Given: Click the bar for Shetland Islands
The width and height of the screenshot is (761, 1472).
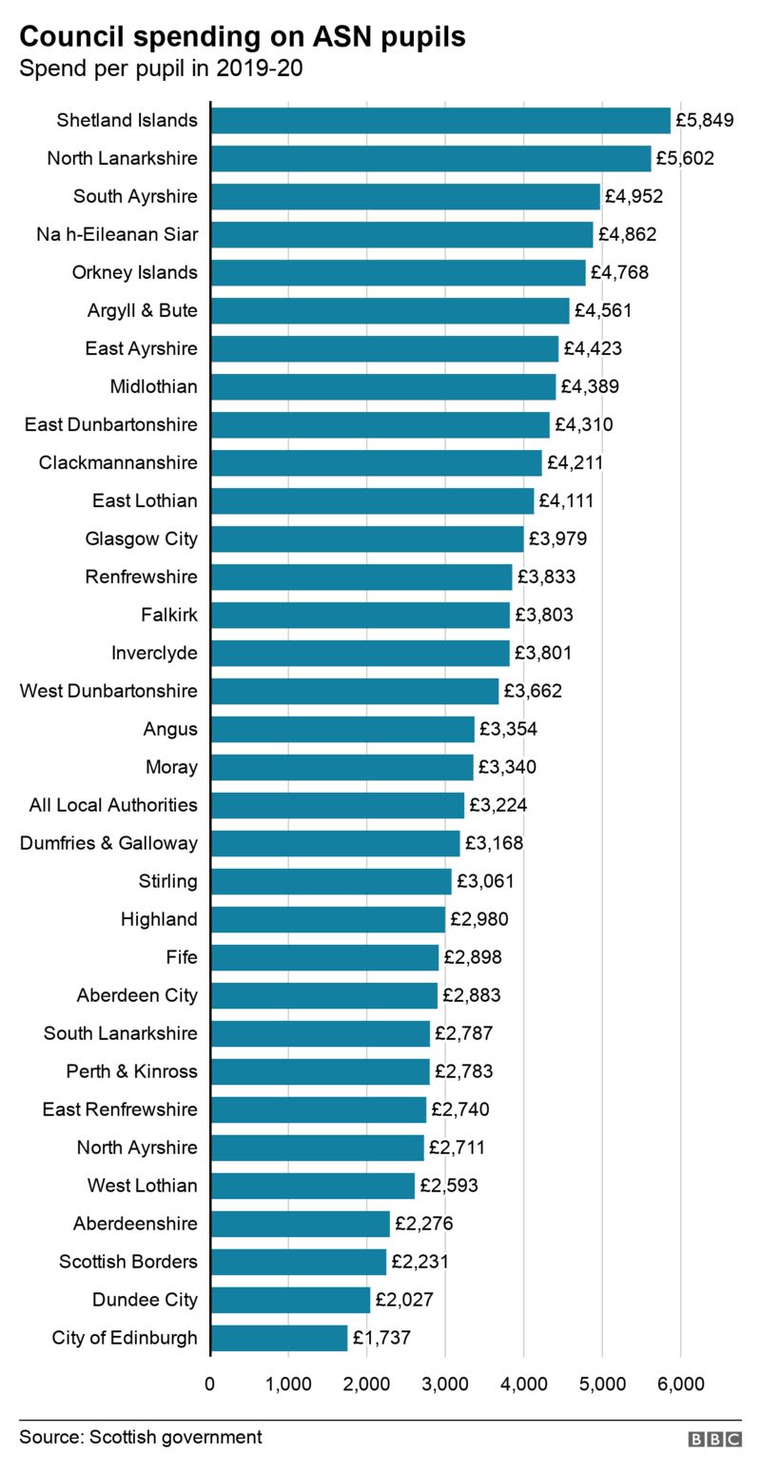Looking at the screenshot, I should coord(439,120).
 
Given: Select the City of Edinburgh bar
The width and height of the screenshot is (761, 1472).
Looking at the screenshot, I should coord(279,1338).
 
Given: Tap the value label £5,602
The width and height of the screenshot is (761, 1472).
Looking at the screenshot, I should coord(685,158).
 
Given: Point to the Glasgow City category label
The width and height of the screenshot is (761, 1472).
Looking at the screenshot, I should coord(141,539).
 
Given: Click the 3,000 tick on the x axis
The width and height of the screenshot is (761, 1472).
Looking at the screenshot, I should coord(445,1384).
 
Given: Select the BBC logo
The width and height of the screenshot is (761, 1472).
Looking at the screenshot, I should coord(714,1440).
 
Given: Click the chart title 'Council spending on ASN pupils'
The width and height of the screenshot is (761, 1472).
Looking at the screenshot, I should coord(243,36).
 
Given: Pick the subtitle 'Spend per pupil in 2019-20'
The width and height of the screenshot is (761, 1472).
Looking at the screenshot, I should coord(161,69).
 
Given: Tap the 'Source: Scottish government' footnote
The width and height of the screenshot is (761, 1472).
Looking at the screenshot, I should coord(140,1437).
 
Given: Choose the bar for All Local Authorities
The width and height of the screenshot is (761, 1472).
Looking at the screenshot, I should coord(337,805).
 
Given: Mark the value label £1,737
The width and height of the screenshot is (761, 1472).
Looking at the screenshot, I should coord(381,1338).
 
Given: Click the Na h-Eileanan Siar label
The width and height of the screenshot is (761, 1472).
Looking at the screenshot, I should coord(117,234).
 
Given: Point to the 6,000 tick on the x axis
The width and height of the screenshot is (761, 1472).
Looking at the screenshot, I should coord(680,1384).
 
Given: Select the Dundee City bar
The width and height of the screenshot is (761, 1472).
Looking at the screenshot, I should coord(290,1300).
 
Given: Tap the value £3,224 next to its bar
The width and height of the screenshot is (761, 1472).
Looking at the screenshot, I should coord(498,805).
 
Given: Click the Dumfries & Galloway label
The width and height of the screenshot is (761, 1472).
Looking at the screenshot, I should coord(108,843).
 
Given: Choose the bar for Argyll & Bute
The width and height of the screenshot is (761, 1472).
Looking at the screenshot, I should coord(389,310).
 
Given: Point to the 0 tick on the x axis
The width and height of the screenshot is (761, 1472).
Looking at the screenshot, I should coord(210,1384).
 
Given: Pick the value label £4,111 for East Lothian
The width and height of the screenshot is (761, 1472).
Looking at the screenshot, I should coord(566,500).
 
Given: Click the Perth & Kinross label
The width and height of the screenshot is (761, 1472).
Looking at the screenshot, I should coord(131,1071).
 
